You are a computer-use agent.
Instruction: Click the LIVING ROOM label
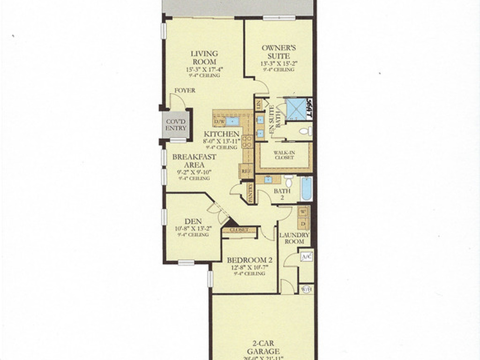(x=204, y=58)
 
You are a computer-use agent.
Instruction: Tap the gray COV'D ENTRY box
(x=176, y=125)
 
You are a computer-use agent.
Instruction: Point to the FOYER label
(x=185, y=90)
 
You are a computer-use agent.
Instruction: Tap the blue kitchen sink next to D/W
(x=232, y=122)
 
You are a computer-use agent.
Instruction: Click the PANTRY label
(x=250, y=193)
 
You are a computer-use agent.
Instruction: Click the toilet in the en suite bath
(x=304, y=131)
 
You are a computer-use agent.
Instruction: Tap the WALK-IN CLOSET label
(x=284, y=155)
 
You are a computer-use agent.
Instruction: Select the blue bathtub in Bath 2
(x=306, y=188)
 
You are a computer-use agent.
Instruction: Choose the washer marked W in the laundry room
(x=303, y=211)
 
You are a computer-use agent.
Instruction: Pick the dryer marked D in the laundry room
(x=303, y=224)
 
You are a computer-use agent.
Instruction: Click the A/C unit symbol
(x=306, y=256)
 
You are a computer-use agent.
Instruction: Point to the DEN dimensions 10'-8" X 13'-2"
(x=193, y=228)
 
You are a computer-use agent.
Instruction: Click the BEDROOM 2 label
(x=249, y=260)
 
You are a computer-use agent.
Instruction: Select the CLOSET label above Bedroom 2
(x=239, y=230)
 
